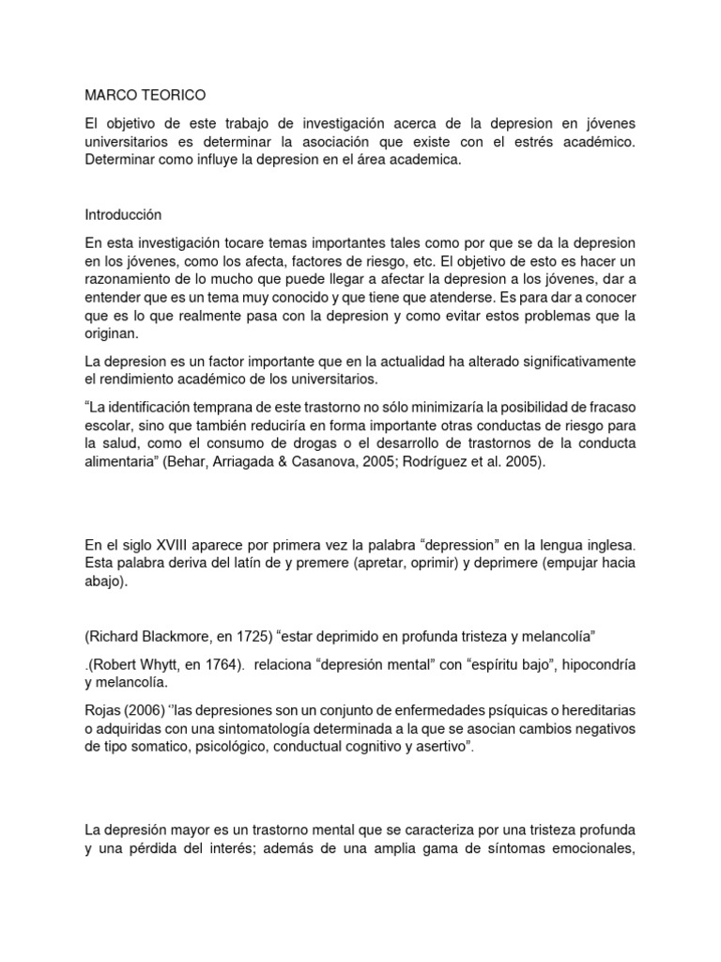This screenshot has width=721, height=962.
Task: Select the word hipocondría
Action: coord(594,664)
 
